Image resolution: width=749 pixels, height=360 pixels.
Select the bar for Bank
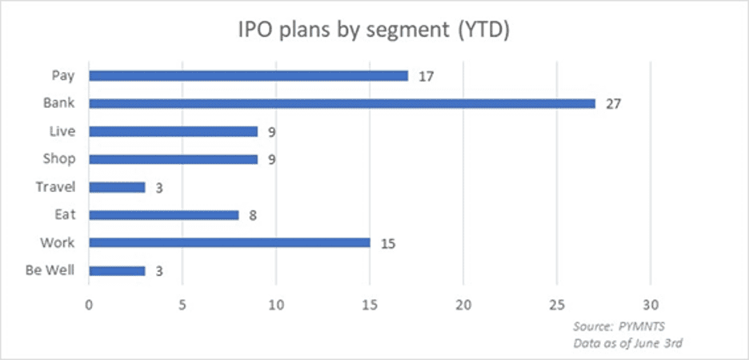342,103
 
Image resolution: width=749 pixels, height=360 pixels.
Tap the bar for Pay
248,76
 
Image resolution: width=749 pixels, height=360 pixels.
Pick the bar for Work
230,242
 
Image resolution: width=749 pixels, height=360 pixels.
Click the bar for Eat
163,214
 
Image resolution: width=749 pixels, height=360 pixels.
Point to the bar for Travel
117,186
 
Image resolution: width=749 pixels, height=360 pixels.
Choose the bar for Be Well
117,270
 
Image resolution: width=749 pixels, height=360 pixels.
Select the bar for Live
173,131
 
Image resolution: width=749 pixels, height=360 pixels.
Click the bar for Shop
173,159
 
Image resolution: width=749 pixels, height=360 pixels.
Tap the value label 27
614,104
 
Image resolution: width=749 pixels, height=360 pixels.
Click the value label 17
427,76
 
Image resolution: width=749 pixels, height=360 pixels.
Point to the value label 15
389,243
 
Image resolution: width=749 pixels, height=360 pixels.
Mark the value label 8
251,215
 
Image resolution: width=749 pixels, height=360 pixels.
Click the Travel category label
55,186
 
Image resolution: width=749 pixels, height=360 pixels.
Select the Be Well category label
50,270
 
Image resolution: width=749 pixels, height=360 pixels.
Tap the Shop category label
59,158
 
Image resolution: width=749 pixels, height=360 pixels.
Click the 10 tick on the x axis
276,305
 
